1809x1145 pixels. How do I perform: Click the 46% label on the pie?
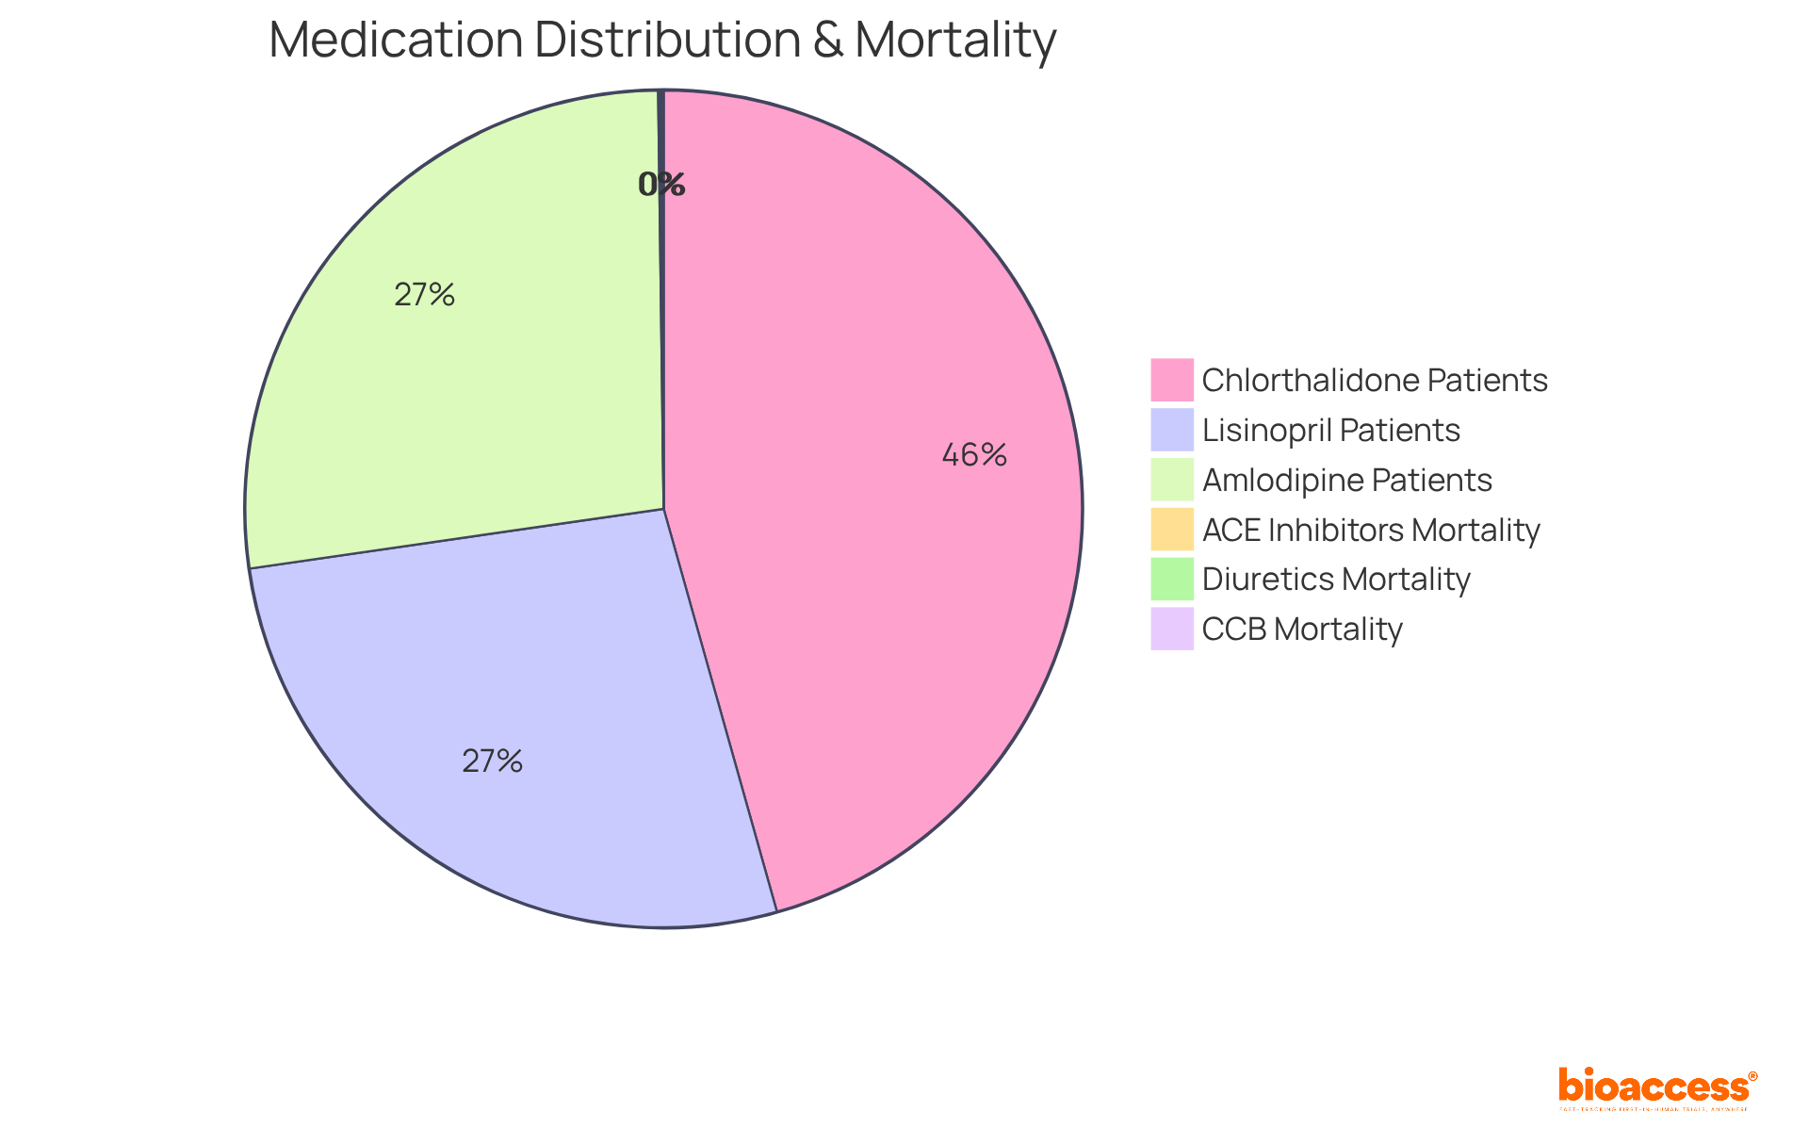(x=974, y=455)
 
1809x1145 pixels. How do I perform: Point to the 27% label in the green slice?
(x=424, y=295)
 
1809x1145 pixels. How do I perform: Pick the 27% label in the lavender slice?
(x=492, y=761)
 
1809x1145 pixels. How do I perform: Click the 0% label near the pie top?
(x=661, y=185)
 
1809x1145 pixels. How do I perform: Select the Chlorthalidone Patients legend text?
(x=1374, y=380)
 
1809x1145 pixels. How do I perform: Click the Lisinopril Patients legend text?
(x=1330, y=430)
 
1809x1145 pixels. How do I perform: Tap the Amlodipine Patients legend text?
(x=1346, y=480)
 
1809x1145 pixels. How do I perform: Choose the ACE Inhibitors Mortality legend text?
(x=1370, y=530)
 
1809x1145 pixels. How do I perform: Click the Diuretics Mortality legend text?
(x=1335, y=579)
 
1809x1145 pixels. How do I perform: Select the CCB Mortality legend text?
(x=1302, y=629)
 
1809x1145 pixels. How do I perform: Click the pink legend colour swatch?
(x=1171, y=380)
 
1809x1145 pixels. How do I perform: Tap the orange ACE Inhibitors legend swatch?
(x=1171, y=530)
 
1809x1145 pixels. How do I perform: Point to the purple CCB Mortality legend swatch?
(x=1171, y=629)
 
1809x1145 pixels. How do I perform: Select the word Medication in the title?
(x=396, y=41)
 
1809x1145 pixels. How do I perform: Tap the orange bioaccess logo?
(x=1656, y=1087)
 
